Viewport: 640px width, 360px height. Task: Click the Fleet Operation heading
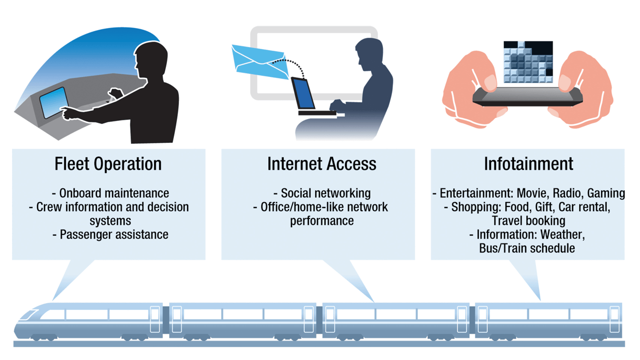(x=108, y=164)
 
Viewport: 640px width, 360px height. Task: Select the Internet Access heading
(x=321, y=164)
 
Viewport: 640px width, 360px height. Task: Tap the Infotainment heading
(x=528, y=164)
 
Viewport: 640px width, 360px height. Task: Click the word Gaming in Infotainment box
(x=606, y=193)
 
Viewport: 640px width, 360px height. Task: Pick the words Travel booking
(x=528, y=220)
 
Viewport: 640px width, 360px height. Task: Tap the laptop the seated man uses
(x=303, y=95)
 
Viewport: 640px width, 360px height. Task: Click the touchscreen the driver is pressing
(x=53, y=102)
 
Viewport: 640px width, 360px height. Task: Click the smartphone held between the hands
(x=528, y=96)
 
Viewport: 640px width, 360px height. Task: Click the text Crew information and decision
(x=112, y=207)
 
